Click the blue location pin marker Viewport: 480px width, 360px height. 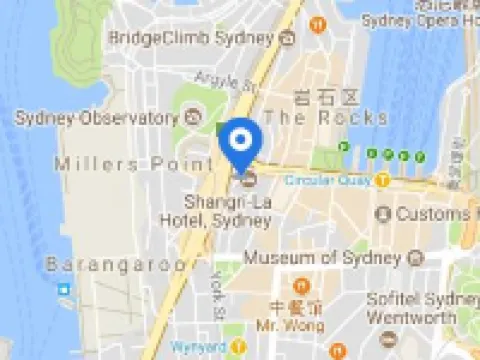240,143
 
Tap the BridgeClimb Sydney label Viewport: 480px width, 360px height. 190,37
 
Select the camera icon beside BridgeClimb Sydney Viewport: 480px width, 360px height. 288,38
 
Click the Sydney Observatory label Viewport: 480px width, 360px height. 95,118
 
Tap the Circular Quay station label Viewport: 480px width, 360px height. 327,181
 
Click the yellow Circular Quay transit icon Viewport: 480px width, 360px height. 382,180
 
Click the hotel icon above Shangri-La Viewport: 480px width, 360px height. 248,180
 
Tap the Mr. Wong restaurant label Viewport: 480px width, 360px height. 296,325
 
